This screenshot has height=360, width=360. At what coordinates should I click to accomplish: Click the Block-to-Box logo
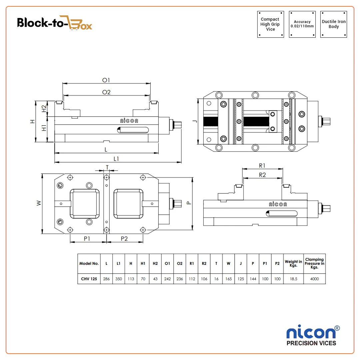point(55,23)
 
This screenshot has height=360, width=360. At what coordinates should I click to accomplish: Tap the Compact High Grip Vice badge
point(270,24)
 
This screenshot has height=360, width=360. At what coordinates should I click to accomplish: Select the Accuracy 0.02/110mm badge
point(302,24)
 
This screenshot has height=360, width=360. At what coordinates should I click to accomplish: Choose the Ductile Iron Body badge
point(334,24)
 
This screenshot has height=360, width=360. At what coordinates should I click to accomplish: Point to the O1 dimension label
point(106,80)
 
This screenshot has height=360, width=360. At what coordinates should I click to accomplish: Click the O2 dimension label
point(106,92)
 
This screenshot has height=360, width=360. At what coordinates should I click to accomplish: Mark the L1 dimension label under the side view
point(116,159)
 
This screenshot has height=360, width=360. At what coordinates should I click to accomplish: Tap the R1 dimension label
point(262,165)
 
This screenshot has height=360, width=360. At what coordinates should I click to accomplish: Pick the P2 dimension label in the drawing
point(124,238)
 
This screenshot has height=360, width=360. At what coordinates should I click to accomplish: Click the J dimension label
point(195,122)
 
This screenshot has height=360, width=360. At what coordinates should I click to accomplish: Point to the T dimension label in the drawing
point(107,167)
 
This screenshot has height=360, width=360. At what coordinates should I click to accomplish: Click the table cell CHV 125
point(89,279)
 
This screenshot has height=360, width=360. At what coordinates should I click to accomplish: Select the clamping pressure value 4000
point(314,279)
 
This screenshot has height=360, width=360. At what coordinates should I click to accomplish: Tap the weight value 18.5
point(293,279)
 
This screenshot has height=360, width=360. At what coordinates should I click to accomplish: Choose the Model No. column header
point(89,263)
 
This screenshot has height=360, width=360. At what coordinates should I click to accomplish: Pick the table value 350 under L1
point(119,279)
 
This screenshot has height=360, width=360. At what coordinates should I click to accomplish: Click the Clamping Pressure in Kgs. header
point(314,263)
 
